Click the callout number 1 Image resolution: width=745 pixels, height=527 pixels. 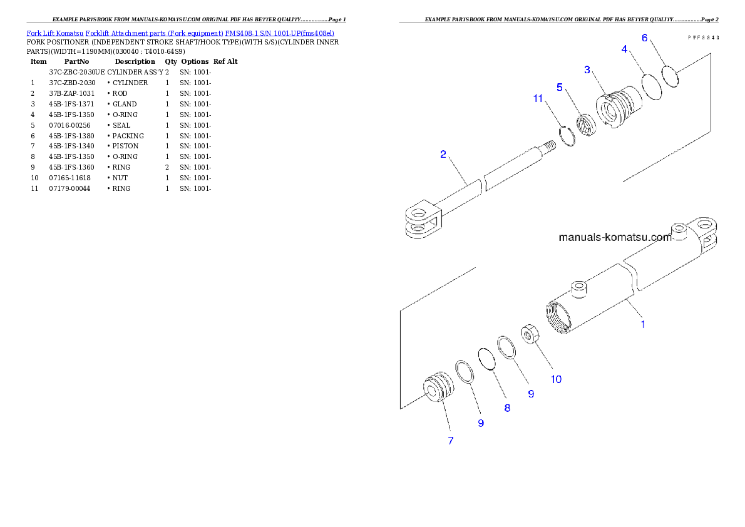click(642, 324)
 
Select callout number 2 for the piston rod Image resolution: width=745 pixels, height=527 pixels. click(443, 154)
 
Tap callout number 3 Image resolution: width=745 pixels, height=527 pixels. click(587, 69)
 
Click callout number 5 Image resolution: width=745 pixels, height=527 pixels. click(560, 86)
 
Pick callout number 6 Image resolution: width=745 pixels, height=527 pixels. click(645, 38)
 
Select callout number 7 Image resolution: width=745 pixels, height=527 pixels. click(450, 441)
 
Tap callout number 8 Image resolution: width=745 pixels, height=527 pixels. click(506, 408)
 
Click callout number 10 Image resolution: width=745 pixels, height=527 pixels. click(556, 379)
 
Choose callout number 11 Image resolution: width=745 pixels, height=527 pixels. click(538, 98)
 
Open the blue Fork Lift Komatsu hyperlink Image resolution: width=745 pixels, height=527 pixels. click(180, 33)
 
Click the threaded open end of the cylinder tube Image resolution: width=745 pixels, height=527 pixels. click(559, 317)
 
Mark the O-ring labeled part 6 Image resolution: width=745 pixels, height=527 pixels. click(670, 78)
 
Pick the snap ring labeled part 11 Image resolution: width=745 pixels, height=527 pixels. click(567, 135)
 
